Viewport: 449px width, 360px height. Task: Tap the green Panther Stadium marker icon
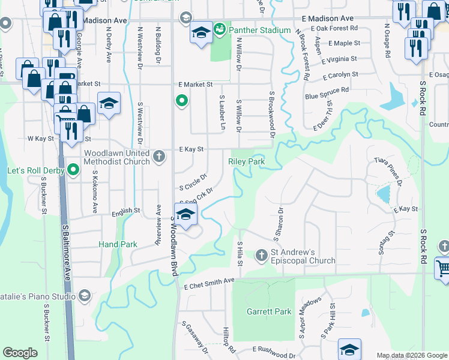point(219,29)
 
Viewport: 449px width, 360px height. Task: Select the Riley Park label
point(246,161)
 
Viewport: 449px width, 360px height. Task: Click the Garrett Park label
point(268,311)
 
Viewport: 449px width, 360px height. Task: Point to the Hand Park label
point(118,244)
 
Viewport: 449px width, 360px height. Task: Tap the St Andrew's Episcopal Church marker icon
point(261,256)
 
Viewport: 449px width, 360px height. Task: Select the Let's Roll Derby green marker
point(73,170)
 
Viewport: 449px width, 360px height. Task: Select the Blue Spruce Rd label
point(327,93)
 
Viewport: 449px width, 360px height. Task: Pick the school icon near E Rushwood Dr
point(349,349)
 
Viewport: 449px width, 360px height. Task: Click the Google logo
point(20,353)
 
